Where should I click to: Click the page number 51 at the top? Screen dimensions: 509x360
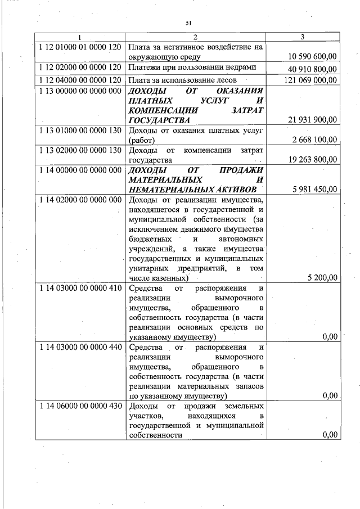(188, 22)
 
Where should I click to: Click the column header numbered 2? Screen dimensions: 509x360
(195, 38)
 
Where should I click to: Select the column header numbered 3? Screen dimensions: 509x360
(303, 38)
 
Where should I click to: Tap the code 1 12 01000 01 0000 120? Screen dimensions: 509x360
(81, 47)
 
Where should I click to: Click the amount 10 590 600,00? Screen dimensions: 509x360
(312, 57)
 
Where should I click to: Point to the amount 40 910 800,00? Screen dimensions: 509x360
(312, 69)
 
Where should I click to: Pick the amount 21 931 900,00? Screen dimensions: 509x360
(312, 120)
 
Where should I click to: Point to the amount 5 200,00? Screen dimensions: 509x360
(323, 278)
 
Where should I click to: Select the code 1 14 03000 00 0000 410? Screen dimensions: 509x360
(81, 288)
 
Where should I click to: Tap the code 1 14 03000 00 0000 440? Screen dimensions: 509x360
(81, 346)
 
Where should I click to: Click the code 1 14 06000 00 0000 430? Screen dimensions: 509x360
(81, 406)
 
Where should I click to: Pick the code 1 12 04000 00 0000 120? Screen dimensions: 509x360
(81, 80)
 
